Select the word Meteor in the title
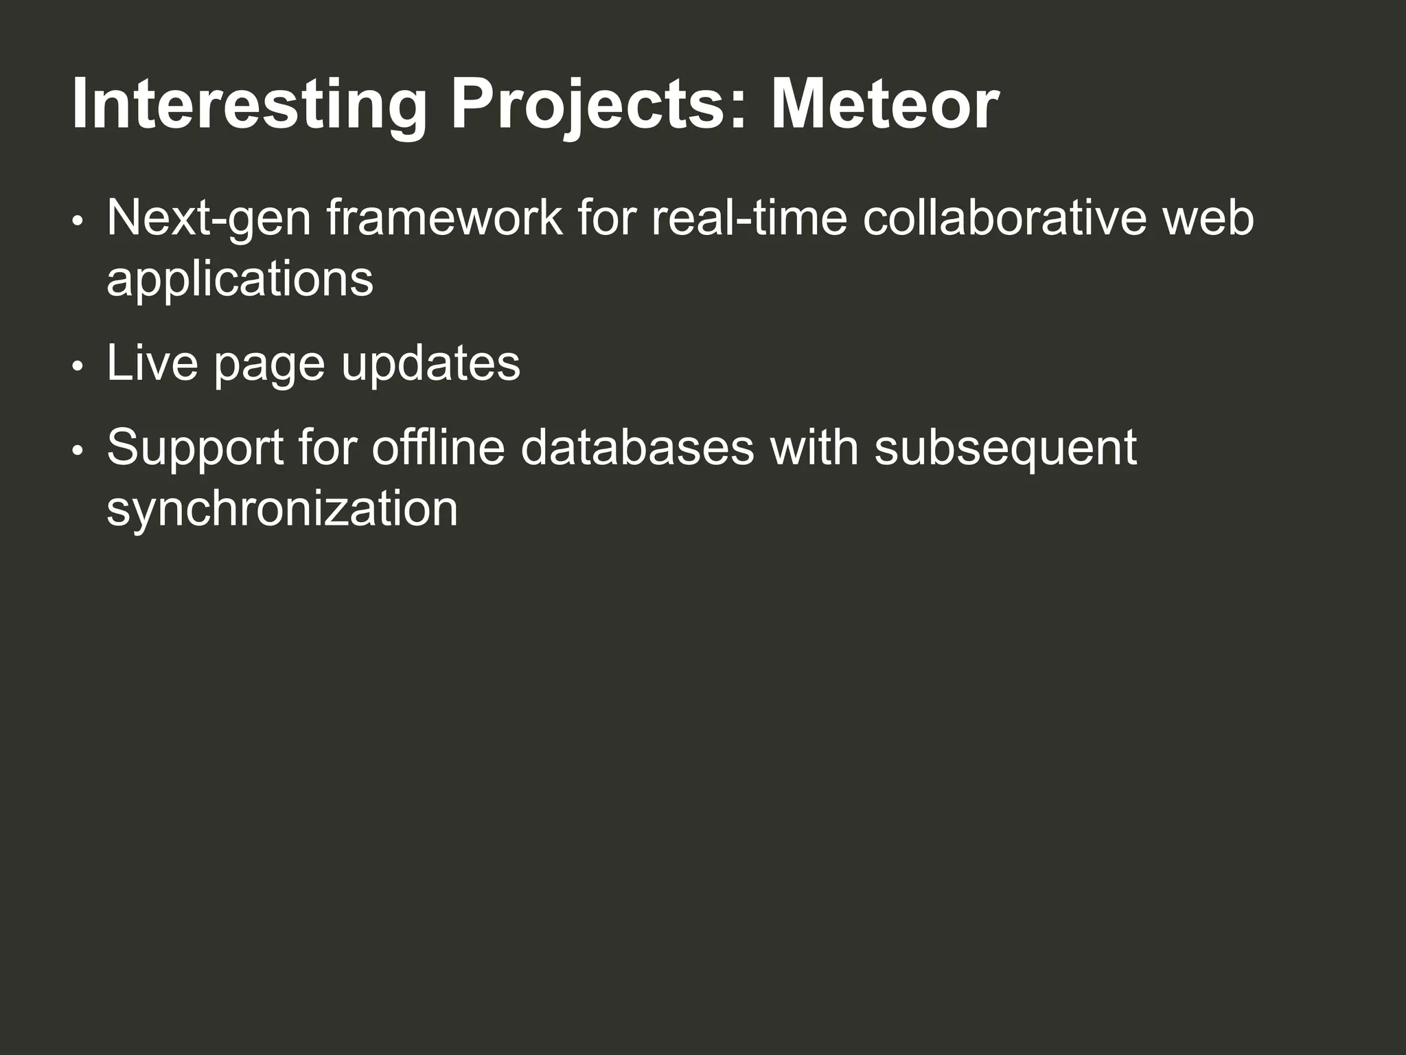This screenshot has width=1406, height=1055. point(884,105)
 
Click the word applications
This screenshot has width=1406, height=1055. point(240,280)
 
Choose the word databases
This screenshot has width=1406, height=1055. point(637,447)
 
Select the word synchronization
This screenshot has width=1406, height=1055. point(281,509)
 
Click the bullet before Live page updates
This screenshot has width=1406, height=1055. point(78,366)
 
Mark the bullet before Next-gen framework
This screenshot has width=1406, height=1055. point(78,221)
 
